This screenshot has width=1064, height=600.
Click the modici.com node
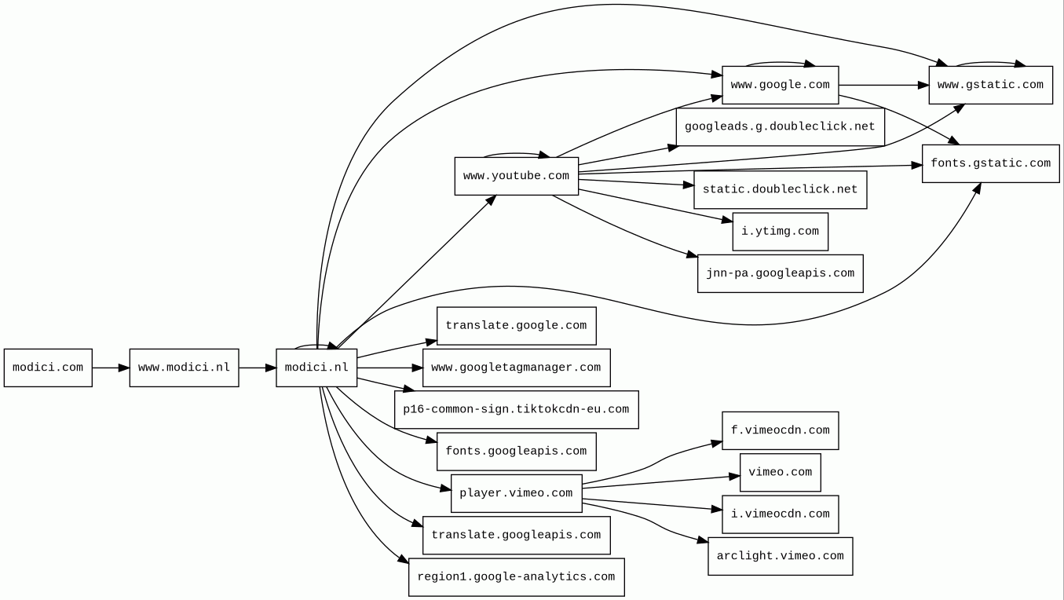[48, 368]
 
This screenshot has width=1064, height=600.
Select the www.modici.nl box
[184, 368]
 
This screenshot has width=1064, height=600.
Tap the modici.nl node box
[316, 368]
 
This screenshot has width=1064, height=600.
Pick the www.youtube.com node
[516, 176]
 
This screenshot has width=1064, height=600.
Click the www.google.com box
[780, 85]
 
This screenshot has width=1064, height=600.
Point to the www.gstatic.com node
[990, 85]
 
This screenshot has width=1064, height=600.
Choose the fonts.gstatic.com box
[990, 163]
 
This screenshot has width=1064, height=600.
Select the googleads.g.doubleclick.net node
[780, 126]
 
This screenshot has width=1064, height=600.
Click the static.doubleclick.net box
[780, 189]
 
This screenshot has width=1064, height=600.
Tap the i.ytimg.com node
[780, 232]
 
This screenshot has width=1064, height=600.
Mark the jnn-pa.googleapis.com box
[780, 273]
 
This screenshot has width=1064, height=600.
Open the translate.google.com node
[516, 326]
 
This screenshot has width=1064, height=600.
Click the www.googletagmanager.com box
[516, 368]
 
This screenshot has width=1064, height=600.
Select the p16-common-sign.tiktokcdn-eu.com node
[516, 409]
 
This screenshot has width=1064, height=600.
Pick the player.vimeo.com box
[516, 493]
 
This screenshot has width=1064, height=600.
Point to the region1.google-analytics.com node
[516, 577]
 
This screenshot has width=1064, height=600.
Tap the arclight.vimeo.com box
[780, 556]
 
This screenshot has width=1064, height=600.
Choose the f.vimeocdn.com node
[780, 430]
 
